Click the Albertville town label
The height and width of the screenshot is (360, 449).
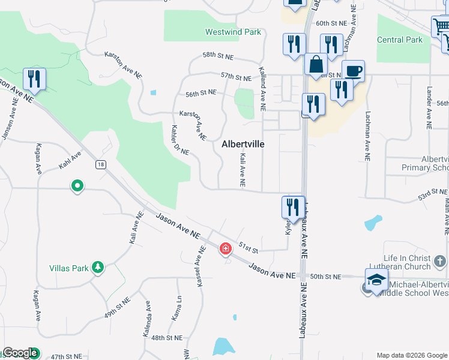coord(243,144)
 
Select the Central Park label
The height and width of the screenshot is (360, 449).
coord(400,40)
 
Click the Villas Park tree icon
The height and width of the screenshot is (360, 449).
coord(98,268)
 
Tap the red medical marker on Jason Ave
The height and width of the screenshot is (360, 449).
coord(226,248)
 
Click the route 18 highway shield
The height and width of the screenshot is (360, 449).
coord(100,164)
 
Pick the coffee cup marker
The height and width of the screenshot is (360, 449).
coord(353,71)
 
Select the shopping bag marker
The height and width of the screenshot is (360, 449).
coord(315,64)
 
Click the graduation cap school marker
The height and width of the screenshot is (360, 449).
coord(376,280)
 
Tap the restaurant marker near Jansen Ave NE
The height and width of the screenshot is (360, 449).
coord(34,79)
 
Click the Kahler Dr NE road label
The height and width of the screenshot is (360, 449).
coord(180,140)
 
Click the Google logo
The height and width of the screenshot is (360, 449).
coord(20,353)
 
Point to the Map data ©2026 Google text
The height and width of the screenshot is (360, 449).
coord(411,355)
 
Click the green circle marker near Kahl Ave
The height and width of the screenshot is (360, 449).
coord(77,187)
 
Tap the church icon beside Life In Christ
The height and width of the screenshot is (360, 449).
coord(440,261)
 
